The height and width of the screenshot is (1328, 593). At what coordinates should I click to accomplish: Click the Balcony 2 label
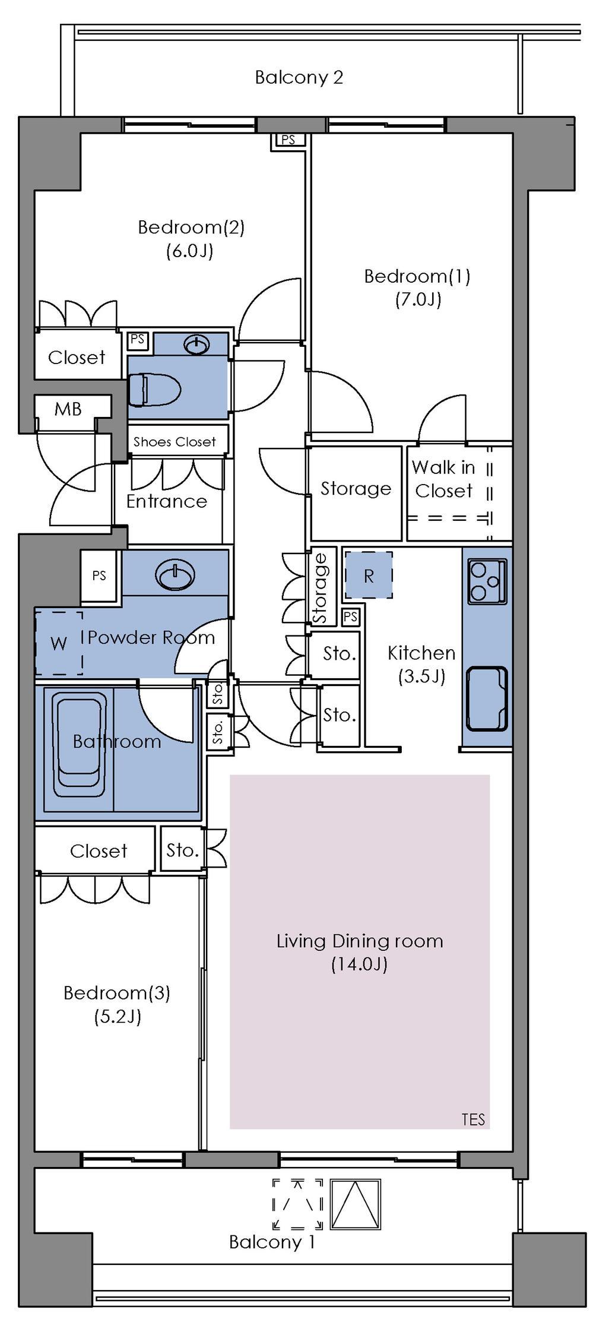tap(299, 77)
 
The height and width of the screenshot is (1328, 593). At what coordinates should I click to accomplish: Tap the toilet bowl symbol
tap(154, 390)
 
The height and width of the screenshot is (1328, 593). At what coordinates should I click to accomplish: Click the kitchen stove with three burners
tap(487, 581)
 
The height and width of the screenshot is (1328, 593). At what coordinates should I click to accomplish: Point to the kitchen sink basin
tap(487, 698)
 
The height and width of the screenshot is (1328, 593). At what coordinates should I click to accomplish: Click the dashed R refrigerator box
tap(369, 575)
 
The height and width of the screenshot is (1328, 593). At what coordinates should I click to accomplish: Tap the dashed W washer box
tap(58, 643)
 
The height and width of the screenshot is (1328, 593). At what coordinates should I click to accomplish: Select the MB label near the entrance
tap(68, 409)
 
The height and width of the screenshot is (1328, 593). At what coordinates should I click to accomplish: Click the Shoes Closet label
tap(175, 442)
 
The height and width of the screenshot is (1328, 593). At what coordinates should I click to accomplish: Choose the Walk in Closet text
tap(443, 479)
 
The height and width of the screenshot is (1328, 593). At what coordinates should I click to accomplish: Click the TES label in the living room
tap(473, 1120)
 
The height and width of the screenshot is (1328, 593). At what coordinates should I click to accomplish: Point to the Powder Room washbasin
tap(175, 575)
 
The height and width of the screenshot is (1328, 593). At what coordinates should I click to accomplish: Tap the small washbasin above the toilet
tap(196, 343)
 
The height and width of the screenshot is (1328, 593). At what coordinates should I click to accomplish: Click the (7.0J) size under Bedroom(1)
tap(418, 299)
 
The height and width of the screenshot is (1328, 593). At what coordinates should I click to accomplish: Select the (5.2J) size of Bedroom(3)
tap(117, 1017)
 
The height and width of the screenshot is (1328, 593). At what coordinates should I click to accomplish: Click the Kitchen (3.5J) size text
tap(421, 676)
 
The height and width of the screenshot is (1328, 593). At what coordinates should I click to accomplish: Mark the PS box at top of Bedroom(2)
tap(288, 140)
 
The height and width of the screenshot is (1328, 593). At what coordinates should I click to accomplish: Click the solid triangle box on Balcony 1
tap(355, 1204)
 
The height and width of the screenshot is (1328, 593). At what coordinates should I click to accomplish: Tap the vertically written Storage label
tap(321, 588)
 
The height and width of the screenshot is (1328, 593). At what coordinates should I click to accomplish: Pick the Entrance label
tap(167, 501)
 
